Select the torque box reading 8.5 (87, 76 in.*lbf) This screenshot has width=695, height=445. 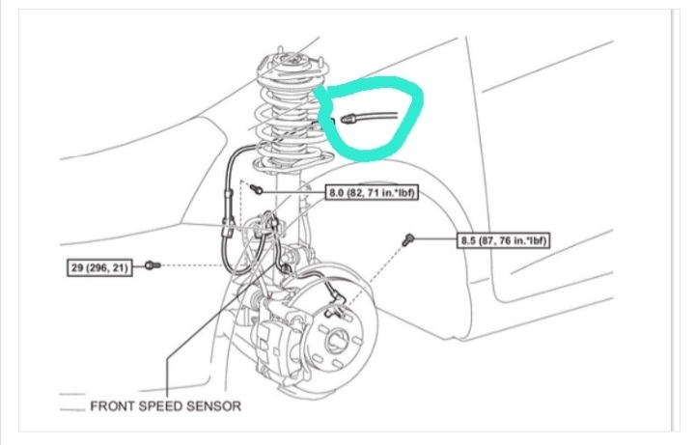[505, 239]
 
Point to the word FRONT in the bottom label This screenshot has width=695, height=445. [113, 405]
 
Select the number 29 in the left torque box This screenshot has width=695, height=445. [76, 264]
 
